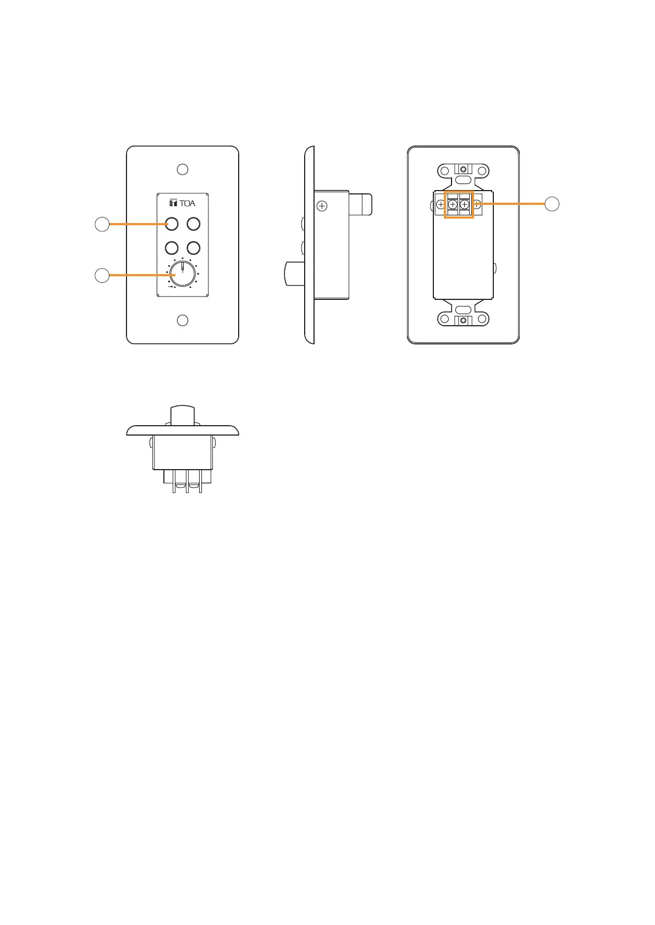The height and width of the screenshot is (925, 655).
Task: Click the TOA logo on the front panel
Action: click(183, 203)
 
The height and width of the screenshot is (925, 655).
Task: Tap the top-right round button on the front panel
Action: click(193, 224)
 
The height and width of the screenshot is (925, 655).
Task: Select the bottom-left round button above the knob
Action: click(172, 247)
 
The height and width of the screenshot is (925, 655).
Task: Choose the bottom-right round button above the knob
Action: click(193, 247)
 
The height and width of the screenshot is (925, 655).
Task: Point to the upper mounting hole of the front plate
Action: click(183, 169)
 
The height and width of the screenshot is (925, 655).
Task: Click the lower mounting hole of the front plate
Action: click(183, 320)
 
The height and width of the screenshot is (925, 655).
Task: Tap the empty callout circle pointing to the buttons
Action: click(102, 224)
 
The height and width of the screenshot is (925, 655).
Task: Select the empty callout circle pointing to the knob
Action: click(102, 275)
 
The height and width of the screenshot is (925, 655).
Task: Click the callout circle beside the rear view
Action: click(552, 204)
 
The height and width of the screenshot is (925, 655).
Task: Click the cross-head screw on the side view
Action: click(322, 207)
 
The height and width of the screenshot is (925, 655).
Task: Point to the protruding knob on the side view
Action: click(294, 274)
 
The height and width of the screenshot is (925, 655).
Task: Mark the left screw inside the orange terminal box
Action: click(453, 204)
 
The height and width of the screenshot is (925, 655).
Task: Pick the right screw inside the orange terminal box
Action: click(465, 204)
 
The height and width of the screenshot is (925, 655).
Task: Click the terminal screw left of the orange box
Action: click(441, 204)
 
